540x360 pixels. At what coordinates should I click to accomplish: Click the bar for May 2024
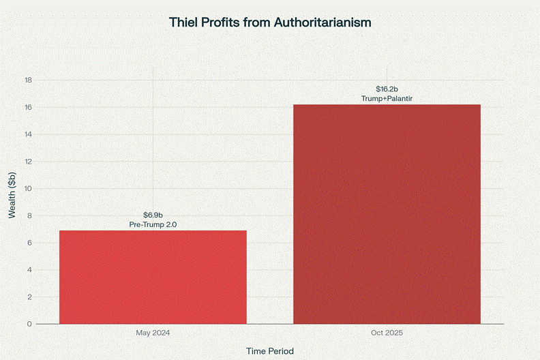tap(153, 277)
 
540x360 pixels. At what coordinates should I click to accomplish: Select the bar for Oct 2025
tap(387, 214)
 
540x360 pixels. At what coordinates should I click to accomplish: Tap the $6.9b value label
tap(153, 215)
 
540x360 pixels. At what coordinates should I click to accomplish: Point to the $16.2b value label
tap(387, 89)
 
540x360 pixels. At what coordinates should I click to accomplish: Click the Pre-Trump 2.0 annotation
tap(153, 224)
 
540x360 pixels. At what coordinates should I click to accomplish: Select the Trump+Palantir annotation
tap(387, 99)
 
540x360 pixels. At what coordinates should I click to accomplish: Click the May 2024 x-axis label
tap(153, 333)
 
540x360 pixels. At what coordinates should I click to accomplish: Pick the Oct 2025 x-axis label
tap(387, 333)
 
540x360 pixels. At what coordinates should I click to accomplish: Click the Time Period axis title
tap(270, 351)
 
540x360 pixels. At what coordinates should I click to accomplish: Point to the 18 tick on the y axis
tap(29, 80)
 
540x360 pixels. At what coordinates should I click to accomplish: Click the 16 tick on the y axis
tap(29, 108)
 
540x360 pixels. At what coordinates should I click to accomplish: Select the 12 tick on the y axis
tap(29, 162)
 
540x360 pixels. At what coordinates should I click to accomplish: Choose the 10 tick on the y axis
tap(29, 189)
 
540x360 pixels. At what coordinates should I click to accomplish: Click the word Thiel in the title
tap(185, 22)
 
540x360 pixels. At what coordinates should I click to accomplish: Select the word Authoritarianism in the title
tap(322, 22)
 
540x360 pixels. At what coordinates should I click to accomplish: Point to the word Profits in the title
tap(225, 22)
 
